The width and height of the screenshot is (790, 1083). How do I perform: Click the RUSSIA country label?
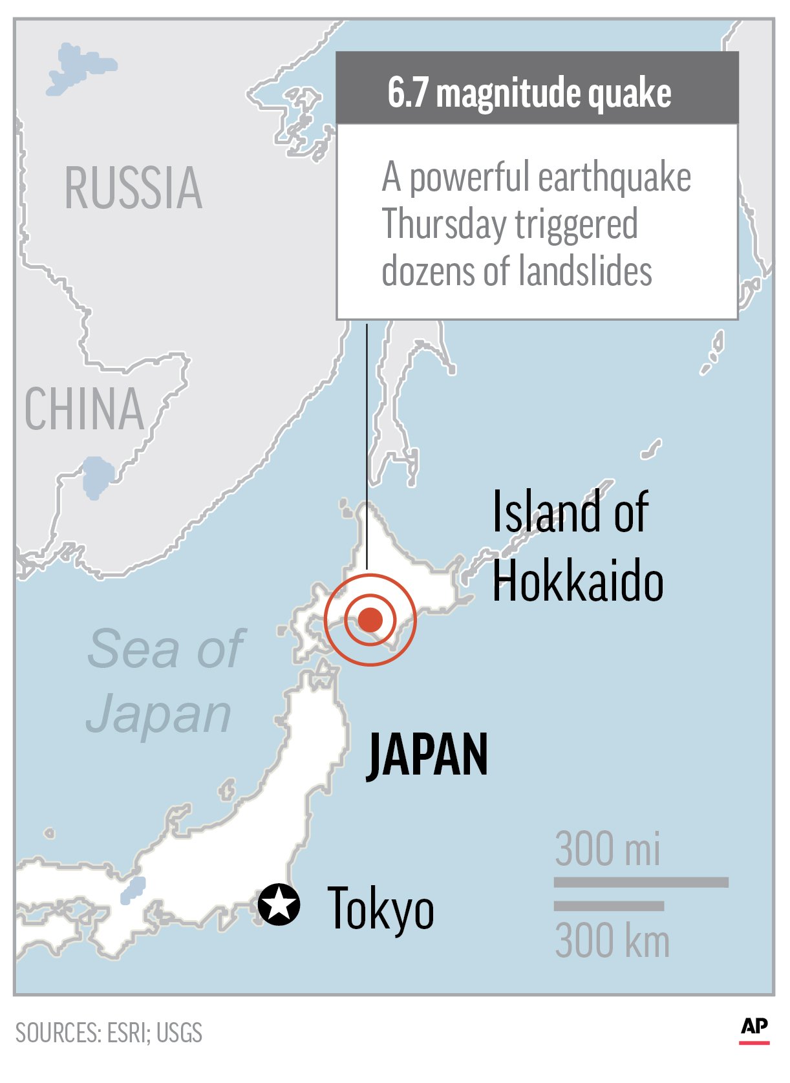click(133, 188)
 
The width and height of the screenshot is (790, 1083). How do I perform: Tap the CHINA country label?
click(84, 409)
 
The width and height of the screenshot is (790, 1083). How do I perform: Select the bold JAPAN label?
click(427, 755)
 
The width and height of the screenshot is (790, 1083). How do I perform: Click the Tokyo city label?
click(380, 908)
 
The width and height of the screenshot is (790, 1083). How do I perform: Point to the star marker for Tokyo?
click(279, 904)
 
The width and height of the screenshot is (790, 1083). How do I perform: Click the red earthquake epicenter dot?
click(370, 619)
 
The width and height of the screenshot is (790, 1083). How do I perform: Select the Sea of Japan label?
click(164, 681)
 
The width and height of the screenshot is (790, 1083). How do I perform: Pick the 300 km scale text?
click(612, 941)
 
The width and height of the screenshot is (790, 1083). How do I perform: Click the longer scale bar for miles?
click(641, 883)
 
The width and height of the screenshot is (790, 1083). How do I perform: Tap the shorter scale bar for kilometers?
click(608, 906)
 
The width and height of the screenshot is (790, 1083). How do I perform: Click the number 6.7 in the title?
click(407, 92)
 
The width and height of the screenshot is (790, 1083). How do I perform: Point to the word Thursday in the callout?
click(444, 224)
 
